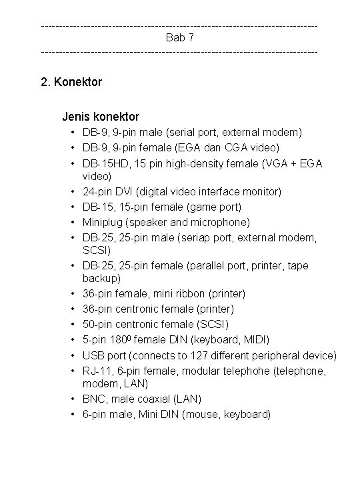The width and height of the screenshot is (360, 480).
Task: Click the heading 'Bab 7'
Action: coord(179,37)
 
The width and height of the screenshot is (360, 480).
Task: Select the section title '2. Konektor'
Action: coord(71,83)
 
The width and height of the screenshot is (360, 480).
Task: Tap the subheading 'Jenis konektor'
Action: coord(101,117)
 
